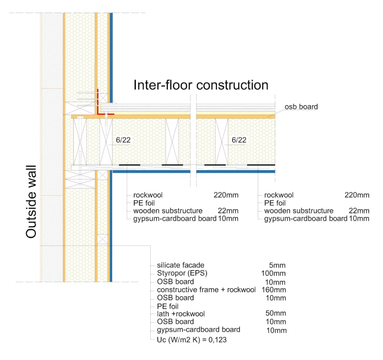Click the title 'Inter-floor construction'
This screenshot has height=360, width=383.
[201, 85]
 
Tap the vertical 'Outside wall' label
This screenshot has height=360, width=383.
[31, 202]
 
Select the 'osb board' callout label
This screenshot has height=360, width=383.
[301, 107]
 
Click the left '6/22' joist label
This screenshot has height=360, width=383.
[123, 140]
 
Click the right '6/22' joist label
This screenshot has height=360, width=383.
[239, 140]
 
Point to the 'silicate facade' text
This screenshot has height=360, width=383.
[180, 265]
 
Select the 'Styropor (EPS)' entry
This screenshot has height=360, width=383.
[182, 273]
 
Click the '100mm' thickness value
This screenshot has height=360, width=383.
[273, 273]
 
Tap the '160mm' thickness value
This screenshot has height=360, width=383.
[274, 290]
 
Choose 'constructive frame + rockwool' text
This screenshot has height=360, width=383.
[206, 290]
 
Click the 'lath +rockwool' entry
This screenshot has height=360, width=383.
[181, 314]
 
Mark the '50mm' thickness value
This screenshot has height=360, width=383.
[275, 313]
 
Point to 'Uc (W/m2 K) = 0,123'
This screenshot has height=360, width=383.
[192, 340]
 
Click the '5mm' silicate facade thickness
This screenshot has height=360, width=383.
[277, 265]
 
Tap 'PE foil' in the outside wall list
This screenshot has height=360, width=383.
[167, 306]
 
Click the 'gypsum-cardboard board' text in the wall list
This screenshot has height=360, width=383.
[198, 330]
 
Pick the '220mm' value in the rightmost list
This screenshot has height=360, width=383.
[357, 195]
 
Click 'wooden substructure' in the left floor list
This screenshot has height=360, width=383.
[168, 211]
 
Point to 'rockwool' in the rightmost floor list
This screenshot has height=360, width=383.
[279, 195]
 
